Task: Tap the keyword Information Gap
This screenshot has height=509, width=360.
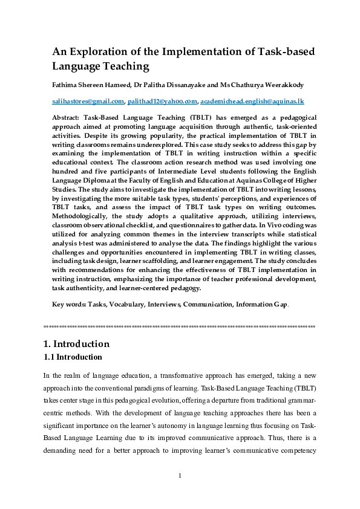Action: point(262,305)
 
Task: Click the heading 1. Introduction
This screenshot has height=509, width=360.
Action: point(77,344)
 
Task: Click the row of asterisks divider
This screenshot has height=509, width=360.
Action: point(180,327)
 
